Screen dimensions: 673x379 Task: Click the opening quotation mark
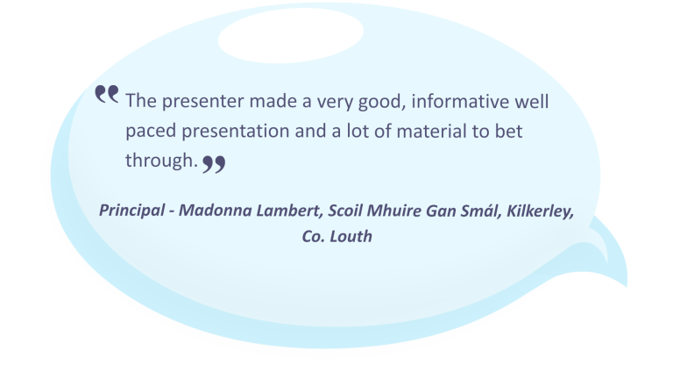tap(106, 94)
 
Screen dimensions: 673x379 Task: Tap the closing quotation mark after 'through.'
tap(214, 164)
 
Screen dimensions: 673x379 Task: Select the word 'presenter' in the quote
tap(202, 102)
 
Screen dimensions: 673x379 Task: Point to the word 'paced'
tap(151, 132)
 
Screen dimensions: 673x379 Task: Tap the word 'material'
tap(431, 131)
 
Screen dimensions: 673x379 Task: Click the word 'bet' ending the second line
tap(508, 131)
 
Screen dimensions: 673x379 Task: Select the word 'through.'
tap(162, 161)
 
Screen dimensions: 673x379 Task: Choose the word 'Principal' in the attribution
tap(131, 211)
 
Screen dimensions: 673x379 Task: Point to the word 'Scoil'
tap(345, 211)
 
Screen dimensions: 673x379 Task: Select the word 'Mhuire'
tap(394, 211)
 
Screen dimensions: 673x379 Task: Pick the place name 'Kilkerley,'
tap(541, 211)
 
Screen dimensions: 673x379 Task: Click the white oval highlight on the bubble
tap(291, 36)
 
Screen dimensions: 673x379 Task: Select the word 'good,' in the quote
tap(382, 103)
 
